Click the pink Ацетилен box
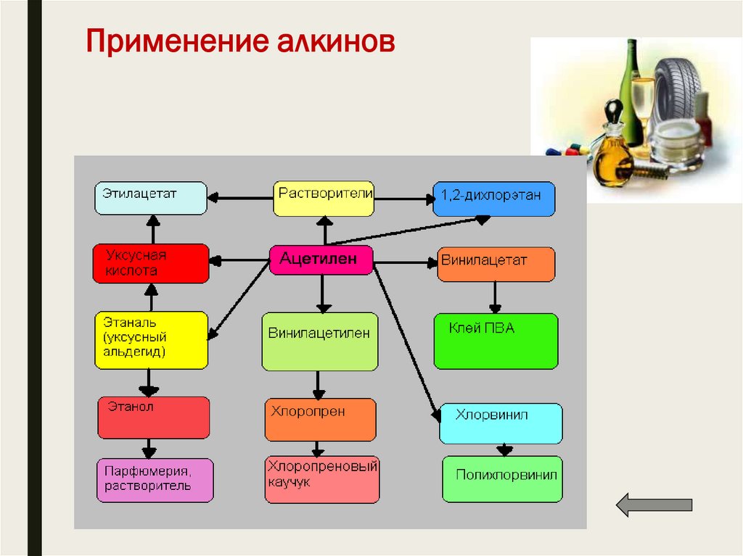(321, 260)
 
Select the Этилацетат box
(149, 198)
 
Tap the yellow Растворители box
(324, 198)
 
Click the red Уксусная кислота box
(150, 263)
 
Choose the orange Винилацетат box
(496, 264)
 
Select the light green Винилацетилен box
(319, 341)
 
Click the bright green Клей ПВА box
(496, 341)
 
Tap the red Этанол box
(153, 418)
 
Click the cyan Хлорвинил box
(501, 423)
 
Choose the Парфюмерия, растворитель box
(155, 480)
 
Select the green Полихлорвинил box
(502, 478)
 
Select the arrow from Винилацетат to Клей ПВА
(495, 296)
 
